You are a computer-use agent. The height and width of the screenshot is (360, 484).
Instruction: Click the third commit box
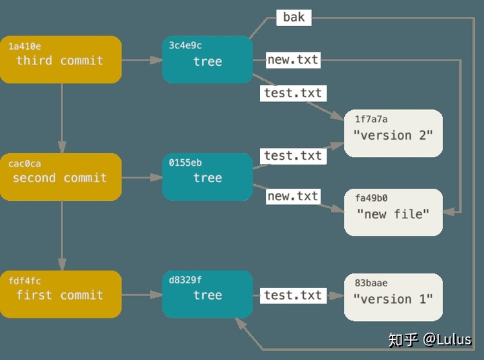[61, 60]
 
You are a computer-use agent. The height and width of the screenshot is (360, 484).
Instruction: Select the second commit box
[61, 177]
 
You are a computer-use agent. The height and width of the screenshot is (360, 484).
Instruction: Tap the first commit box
[61, 294]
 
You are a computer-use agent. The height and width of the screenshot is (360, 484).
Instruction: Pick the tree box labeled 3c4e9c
[207, 60]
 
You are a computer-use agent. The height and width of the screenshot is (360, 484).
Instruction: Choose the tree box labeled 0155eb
[207, 177]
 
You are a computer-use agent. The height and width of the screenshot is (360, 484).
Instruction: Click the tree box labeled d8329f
[207, 294]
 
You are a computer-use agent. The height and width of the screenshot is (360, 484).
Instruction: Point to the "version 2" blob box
[393, 134]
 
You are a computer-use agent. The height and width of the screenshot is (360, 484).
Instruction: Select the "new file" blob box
[393, 212]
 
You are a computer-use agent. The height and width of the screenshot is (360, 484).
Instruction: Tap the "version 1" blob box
[393, 298]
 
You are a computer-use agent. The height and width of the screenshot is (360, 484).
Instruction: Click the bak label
[294, 17]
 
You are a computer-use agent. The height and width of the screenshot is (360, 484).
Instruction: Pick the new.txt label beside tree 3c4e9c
[292, 60]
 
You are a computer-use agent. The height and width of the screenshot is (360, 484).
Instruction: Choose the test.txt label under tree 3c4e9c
[293, 93]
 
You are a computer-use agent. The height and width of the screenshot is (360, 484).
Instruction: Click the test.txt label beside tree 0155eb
[293, 156]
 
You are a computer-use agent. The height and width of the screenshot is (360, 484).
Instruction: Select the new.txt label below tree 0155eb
[292, 196]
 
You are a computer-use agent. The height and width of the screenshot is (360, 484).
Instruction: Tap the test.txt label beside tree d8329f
[293, 295]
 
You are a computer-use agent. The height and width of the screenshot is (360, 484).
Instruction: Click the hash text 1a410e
[24, 46]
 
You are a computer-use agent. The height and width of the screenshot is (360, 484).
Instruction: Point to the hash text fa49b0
[371, 199]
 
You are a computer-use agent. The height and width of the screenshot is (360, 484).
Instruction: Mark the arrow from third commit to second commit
[61, 118]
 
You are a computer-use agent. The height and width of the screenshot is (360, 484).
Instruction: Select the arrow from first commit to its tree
[142, 295]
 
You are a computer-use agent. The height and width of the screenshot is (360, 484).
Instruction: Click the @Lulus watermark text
[447, 339]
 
